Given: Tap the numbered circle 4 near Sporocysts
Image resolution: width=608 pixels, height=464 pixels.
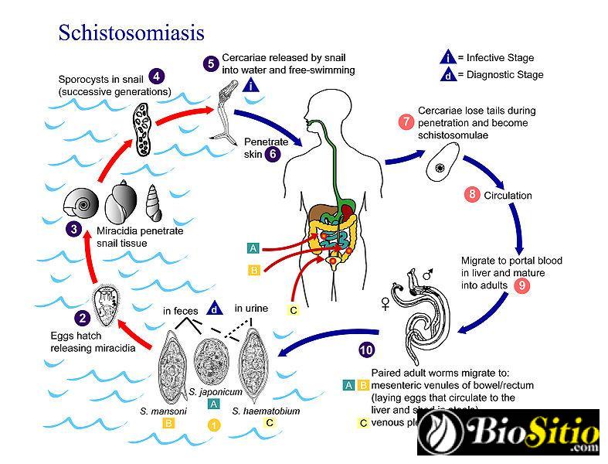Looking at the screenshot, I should (x=157, y=76).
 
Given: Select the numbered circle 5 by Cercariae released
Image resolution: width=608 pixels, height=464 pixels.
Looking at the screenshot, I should (x=210, y=64).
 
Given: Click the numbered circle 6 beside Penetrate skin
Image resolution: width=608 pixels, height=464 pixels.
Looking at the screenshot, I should (x=272, y=153).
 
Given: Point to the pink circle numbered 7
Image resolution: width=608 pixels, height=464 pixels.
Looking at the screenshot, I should (x=405, y=122).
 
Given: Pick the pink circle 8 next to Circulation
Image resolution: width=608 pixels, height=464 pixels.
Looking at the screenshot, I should (x=471, y=195).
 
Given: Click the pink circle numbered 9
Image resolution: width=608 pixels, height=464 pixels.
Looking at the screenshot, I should (x=522, y=285).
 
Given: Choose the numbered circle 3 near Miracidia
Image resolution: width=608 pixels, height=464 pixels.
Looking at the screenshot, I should (x=73, y=229).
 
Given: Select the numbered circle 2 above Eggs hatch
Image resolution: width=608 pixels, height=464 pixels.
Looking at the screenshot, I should (x=81, y=316).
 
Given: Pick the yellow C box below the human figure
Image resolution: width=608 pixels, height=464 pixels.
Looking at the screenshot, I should (x=293, y=310).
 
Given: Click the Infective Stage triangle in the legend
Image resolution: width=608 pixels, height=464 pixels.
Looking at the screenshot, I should (x=447, y=57).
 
